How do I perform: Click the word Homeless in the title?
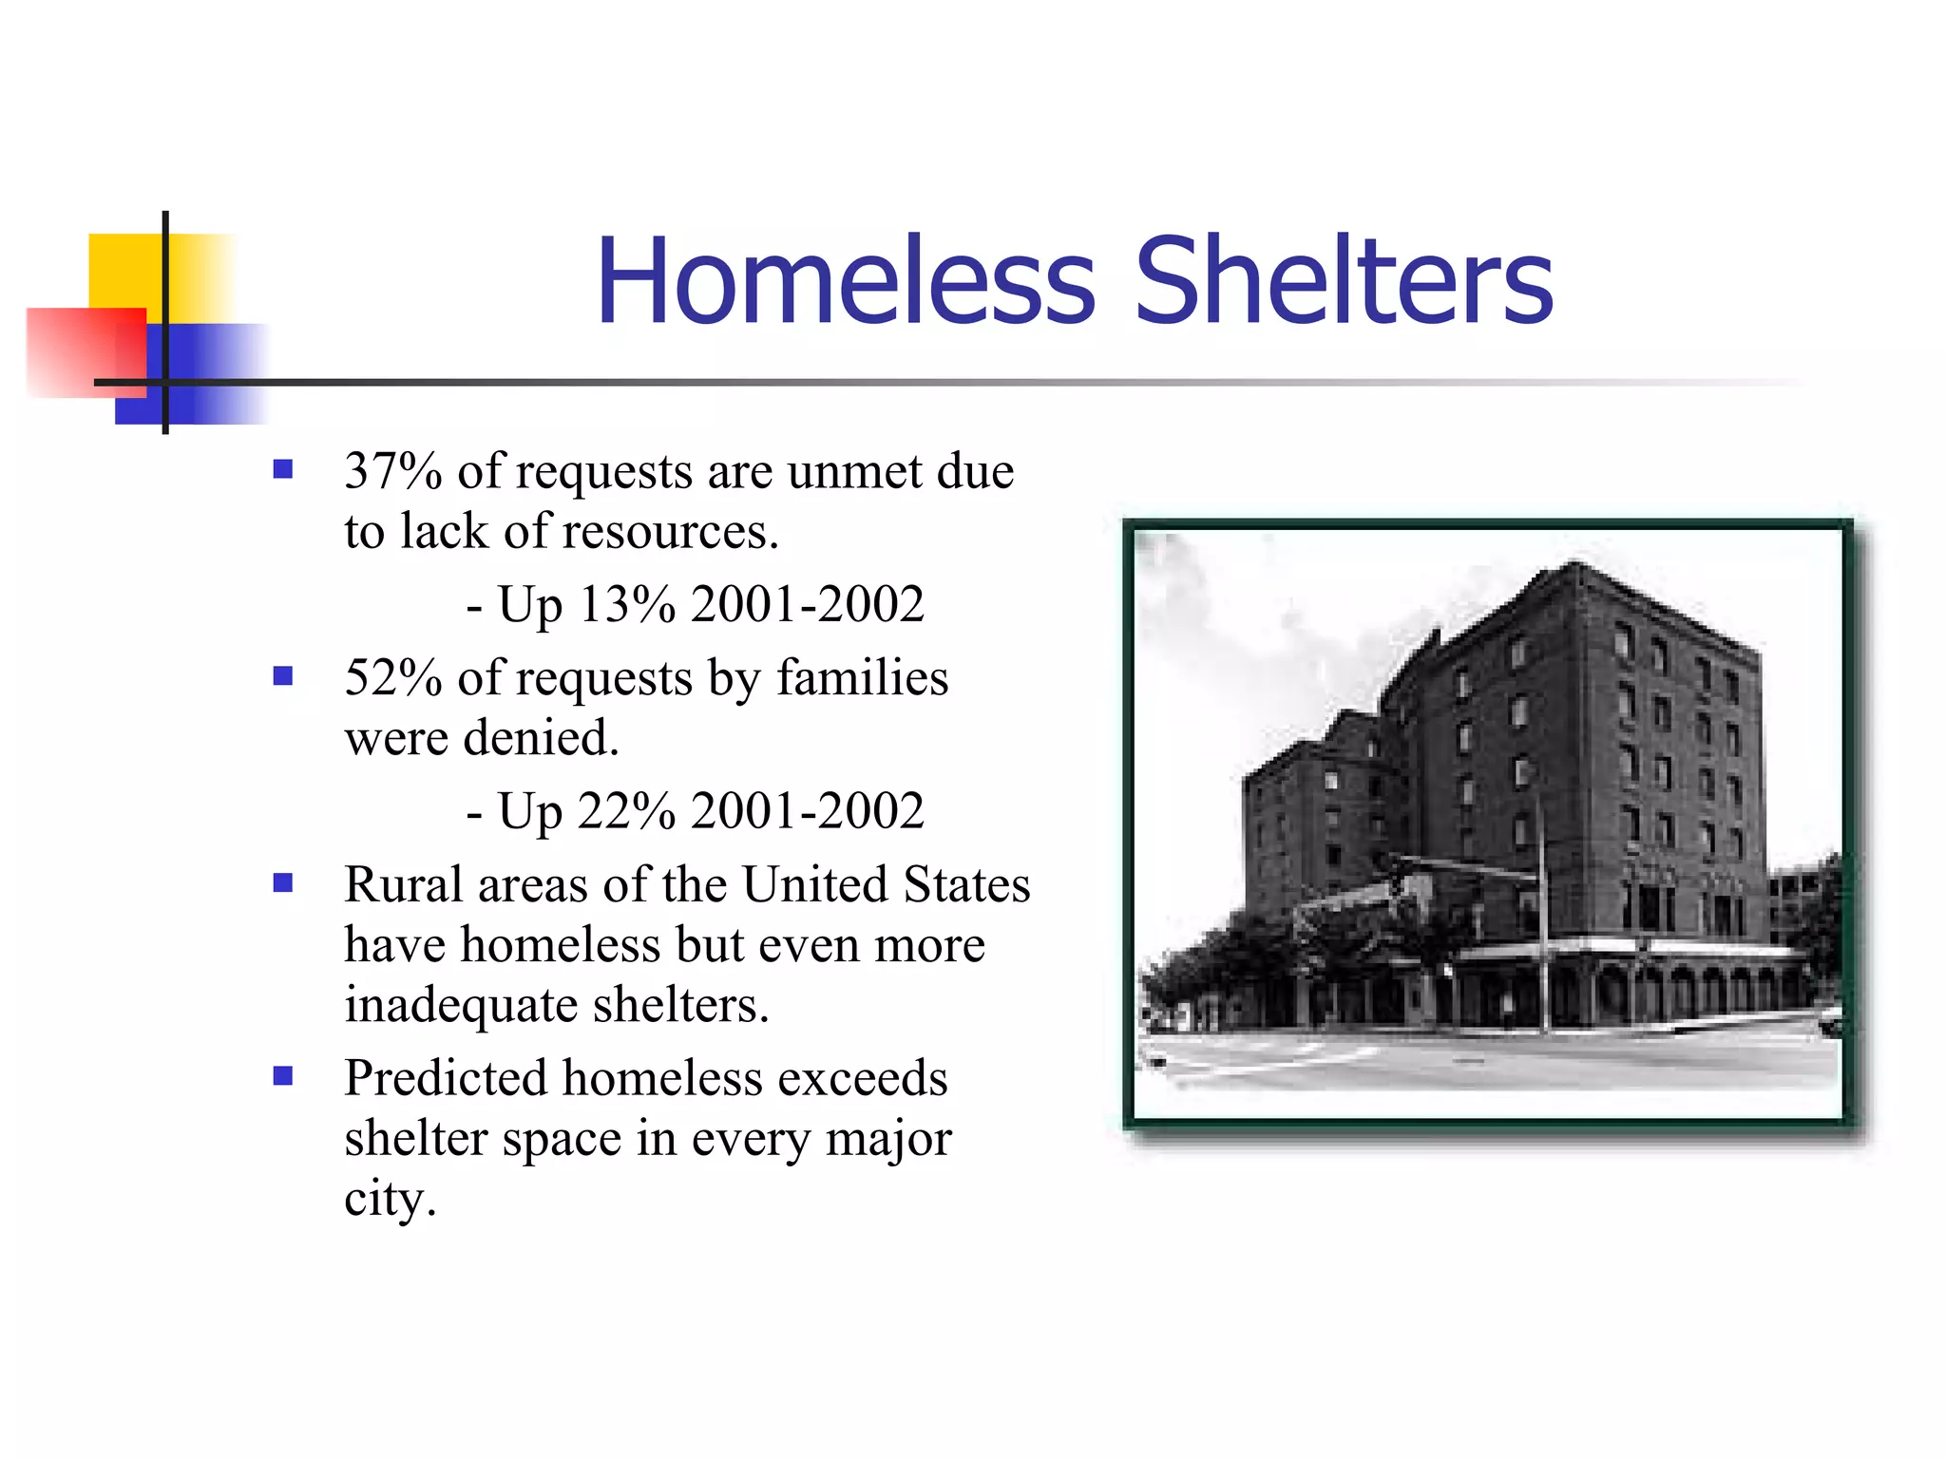point(845,282)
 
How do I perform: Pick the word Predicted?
point(446,1079)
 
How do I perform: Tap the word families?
point(863,678)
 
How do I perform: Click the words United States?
point(886,885)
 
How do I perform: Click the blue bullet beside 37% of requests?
point(282,469)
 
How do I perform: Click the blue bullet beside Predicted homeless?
point(282,1076)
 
